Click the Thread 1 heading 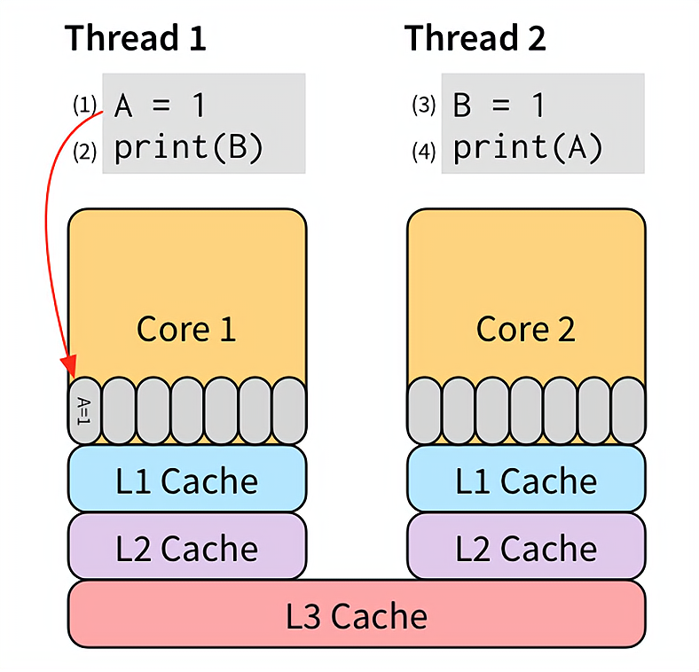point(136,38)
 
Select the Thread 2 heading point(475,38)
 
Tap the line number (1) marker point(84,105)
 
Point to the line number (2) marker point(84,152)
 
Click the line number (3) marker point(424,105)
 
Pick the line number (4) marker point(424,152)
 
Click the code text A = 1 point(161,106)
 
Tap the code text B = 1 point(499,106)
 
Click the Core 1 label point(186,329)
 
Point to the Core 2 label point(526,329)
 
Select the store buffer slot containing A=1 point(84,410)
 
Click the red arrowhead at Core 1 point(69,367)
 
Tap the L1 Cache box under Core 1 point(187,480)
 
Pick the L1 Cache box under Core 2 point(526,480)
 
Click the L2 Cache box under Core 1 point(187,547)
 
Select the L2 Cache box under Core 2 point(526,547)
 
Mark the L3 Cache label point(357,615)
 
